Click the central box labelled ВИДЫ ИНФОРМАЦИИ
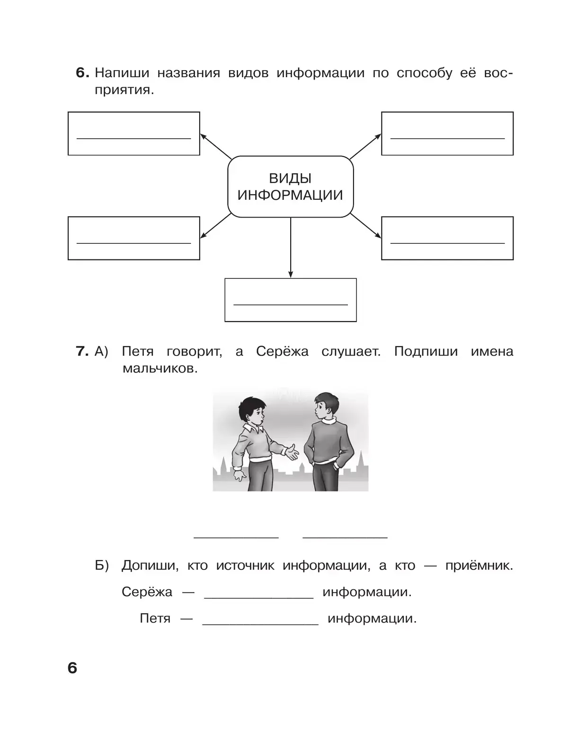pos(290,187)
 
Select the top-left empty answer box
pos(134,134)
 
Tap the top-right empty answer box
pos(447,134)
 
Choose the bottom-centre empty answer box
pos(290,300)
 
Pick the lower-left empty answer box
pos(134,238)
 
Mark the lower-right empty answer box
pos(447,238)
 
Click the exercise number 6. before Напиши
pos(82,73)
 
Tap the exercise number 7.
pos(82,351)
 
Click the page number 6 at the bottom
pos(72,668)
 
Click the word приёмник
pos(479,565)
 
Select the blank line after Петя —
pos(260,624)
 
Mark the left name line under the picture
pos(236,536)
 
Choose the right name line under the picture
pos(345,536)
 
